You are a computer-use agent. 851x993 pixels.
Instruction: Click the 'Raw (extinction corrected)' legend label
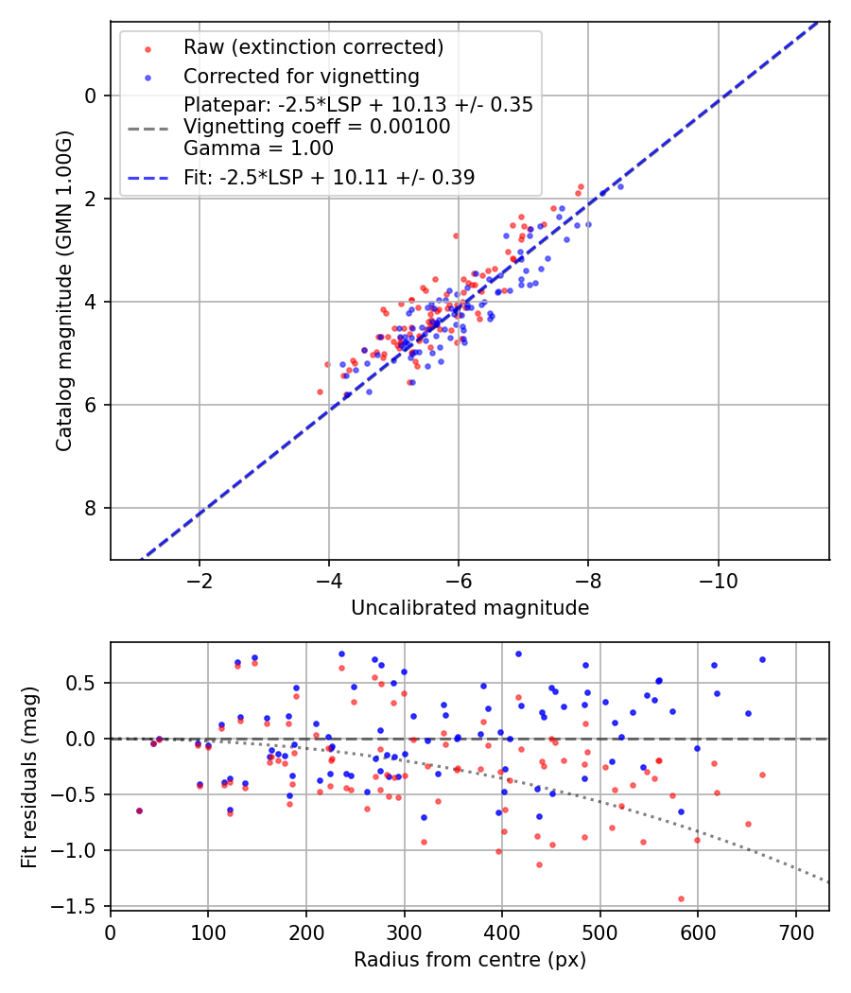pyautogui.click(x=313, y=47)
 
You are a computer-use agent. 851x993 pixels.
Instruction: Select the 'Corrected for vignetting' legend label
pyautogui.click(x=301, y=76)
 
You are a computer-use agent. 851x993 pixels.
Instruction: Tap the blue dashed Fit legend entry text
pyautogui.click(x=329, y=177)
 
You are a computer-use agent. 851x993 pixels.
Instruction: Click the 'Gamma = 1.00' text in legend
pyautogui.click(x=258, y=148)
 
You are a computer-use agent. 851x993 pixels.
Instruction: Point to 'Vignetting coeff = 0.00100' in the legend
pyautogui.click(x=317, y=127)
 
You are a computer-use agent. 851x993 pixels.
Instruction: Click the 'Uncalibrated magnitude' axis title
pyautogui.click(x=470, y=608)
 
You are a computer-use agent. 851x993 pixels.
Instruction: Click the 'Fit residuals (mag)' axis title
pyautogui.click(x=29, y=776)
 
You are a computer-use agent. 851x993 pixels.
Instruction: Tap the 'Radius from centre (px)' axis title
pyautogui.click(x=470, y=960)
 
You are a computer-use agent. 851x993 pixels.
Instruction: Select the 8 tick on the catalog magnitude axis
pyautogui.click(x=90, y=509)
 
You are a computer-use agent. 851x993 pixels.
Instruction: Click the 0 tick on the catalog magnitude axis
pyautogui.click(x=90, y=96)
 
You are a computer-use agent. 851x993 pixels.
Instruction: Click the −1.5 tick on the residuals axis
pyautogui.click(x=79, y=906)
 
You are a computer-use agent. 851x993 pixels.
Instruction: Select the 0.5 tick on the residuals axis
pyautogui.click(x=86, y=683)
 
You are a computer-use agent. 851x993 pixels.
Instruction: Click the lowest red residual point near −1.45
pyautogui.click(x=681, y=898)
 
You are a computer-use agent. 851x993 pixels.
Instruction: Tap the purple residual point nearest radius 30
pyautogui.click(x=139, y=810)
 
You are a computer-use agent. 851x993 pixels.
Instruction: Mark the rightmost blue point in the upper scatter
pyautogui.click(x=620, y=186)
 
